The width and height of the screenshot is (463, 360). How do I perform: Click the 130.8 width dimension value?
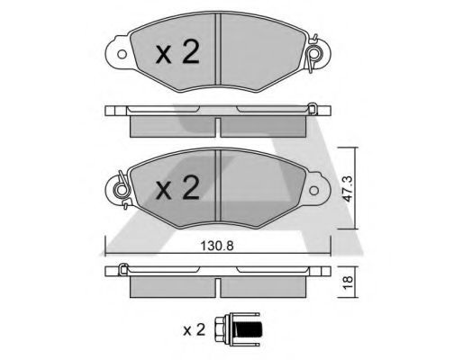(217, 246)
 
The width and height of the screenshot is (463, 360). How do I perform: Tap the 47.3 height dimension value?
(349, 189)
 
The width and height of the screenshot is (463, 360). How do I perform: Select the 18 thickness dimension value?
(349, 283)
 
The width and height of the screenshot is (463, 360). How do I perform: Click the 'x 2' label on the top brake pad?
(177, 52)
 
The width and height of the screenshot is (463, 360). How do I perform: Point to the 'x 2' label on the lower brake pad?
(177, 187)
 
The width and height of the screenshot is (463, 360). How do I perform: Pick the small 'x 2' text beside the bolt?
(195, 330)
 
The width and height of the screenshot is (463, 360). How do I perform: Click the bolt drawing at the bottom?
(237, 329)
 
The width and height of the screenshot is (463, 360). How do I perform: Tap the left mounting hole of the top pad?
(122, 54)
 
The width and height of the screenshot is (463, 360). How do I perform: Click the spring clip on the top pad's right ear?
(313, 53)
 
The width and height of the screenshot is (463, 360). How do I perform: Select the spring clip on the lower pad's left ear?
(123, 190)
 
